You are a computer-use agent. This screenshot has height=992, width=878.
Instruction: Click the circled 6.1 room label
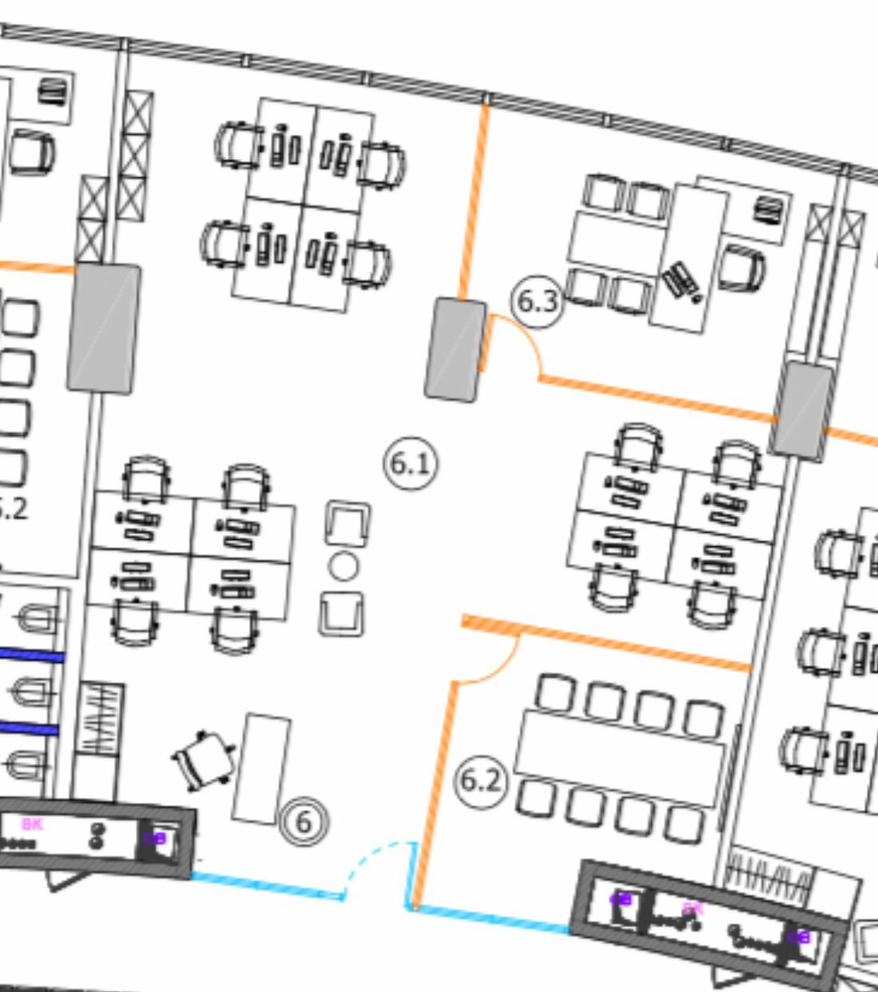[x=411, y=463]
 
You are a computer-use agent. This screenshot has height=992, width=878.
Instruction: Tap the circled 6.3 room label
[x=537, y=301]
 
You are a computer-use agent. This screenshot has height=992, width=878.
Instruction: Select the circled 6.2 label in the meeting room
[x=481, y=780]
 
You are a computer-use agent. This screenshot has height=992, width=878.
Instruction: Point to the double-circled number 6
[x=304, y=822]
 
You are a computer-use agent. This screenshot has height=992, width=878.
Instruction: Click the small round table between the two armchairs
[x=344, y=566]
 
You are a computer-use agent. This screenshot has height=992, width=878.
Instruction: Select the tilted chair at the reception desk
[x=203, y=760]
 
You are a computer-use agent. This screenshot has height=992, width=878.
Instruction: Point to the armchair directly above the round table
[x=348, y=523]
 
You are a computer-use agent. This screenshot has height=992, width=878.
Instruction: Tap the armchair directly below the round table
[x=342, y=613]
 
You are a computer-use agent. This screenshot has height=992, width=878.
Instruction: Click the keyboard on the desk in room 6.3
[x=681, y=280]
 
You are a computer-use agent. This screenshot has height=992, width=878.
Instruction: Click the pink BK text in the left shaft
[x=32, y=824]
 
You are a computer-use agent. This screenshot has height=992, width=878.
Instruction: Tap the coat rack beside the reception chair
[x=101, y=719]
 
